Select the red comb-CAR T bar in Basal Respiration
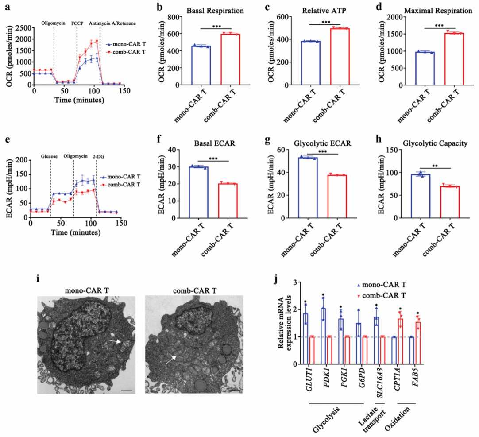tap(230, 60)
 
